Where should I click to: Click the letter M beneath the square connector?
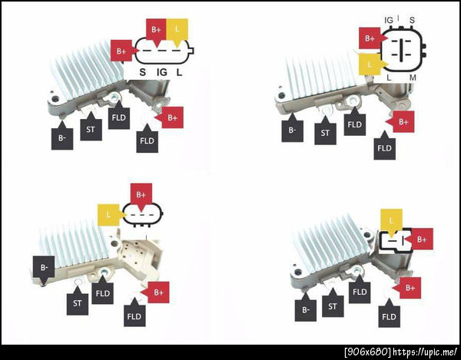point(413,78)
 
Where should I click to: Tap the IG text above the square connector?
point(388,20)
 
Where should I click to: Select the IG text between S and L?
point(161,72)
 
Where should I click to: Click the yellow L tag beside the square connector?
point(371,64)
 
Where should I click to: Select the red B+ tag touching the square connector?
point(371,38)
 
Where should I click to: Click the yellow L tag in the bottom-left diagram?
point(110,215)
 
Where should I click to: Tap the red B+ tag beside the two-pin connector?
point(420,239)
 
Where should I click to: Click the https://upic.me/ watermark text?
point(425,352)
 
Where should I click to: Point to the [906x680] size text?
point(368,352)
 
